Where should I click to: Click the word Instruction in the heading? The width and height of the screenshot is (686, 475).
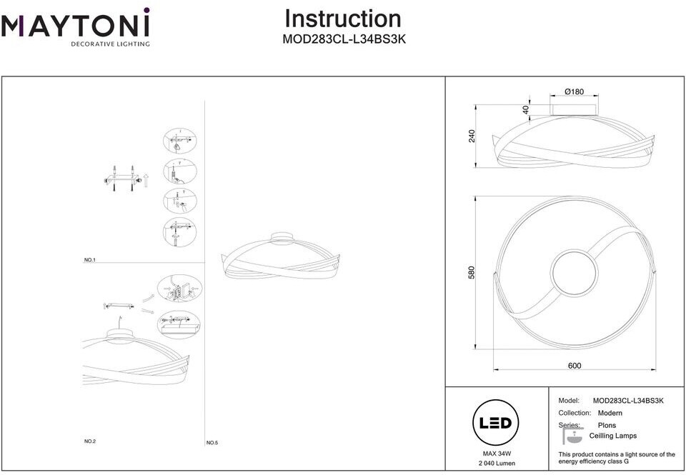(343, 19)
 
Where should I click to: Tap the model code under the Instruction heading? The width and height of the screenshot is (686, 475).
(344, 41)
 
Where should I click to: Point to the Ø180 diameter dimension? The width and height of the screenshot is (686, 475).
(574, 91)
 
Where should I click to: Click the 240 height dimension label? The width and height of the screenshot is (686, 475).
(472, 135)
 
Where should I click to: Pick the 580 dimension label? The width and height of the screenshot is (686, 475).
(472, 273)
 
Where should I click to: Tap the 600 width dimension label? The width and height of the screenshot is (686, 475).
(575, 366)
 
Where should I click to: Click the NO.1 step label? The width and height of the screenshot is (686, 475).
(89, 260)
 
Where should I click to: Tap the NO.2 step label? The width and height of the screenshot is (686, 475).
(90, 441)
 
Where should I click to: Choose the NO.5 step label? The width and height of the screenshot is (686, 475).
(212, 443)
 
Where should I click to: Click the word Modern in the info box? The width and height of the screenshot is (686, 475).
(610, 413)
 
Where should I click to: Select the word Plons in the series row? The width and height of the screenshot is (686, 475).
(607, 425)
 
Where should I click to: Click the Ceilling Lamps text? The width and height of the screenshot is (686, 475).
(612, 436)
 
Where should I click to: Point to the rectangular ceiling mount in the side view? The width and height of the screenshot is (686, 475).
(575, 109)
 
